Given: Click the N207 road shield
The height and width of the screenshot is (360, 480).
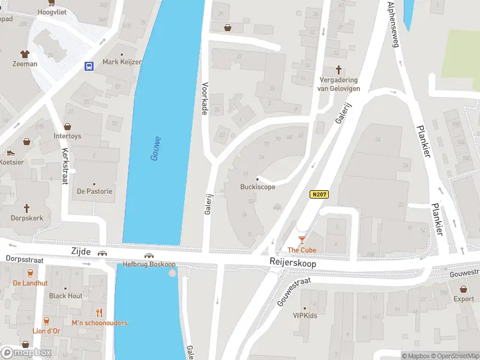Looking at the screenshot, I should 319,194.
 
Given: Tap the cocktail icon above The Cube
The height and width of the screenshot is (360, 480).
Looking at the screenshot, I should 302,240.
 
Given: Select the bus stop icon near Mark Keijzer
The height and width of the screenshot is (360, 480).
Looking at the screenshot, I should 89,66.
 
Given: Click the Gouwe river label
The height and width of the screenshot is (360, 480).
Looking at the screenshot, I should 155,148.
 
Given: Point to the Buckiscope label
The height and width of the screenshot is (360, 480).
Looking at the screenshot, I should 257,187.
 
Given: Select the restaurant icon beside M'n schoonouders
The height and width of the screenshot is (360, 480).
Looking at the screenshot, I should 100,313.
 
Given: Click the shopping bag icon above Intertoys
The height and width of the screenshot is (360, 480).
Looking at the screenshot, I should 67,127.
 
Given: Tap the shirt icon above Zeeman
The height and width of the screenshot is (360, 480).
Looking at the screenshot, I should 25,54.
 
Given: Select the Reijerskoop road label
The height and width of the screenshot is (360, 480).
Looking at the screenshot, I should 293,263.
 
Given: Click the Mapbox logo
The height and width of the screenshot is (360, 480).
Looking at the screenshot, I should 26,352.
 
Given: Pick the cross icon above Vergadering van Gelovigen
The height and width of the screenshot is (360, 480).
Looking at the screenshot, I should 337,70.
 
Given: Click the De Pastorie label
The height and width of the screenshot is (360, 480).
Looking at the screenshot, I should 94,191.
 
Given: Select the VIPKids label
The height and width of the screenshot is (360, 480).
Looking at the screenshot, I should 305,316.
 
